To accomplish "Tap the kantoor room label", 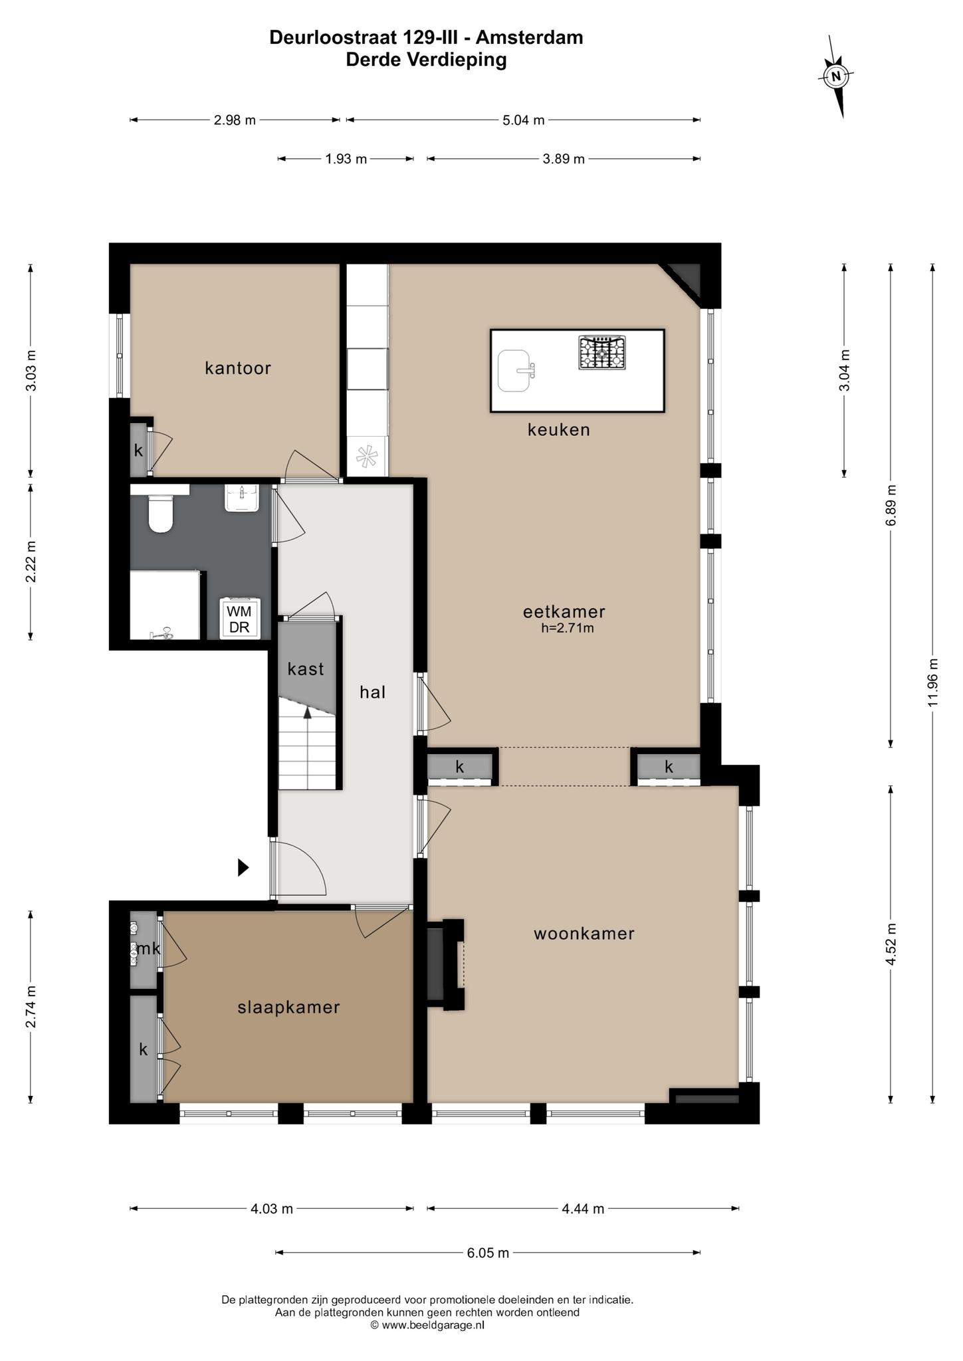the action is (x=238, y=368).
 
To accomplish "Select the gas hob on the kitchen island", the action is (x=602, y=353).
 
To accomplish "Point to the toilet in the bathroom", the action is (x=161, y=514).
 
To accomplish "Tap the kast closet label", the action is (x=306, y=669).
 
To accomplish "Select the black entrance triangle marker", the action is (x=244, y=867).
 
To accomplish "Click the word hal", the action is (x=373, y=692).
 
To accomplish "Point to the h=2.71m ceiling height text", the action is (x=567, y=628).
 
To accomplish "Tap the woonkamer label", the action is (x=584, y=934).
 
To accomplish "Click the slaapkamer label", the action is (x=289, y=1007).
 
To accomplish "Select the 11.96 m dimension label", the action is (x=933, y=682).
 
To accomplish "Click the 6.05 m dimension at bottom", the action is (x=488, y=1253).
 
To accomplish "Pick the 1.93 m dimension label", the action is (x=346, y=159).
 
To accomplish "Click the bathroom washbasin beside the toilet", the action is (x=241, y=498).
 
